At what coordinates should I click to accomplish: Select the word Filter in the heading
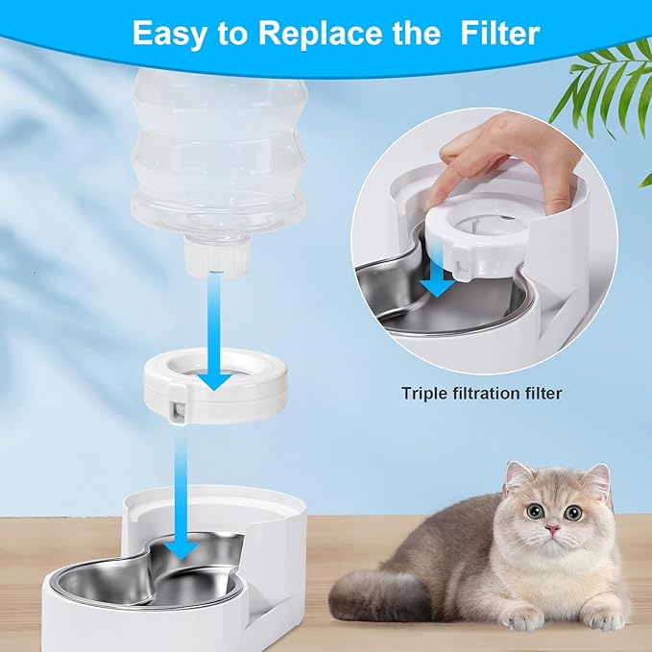coord(497,33)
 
